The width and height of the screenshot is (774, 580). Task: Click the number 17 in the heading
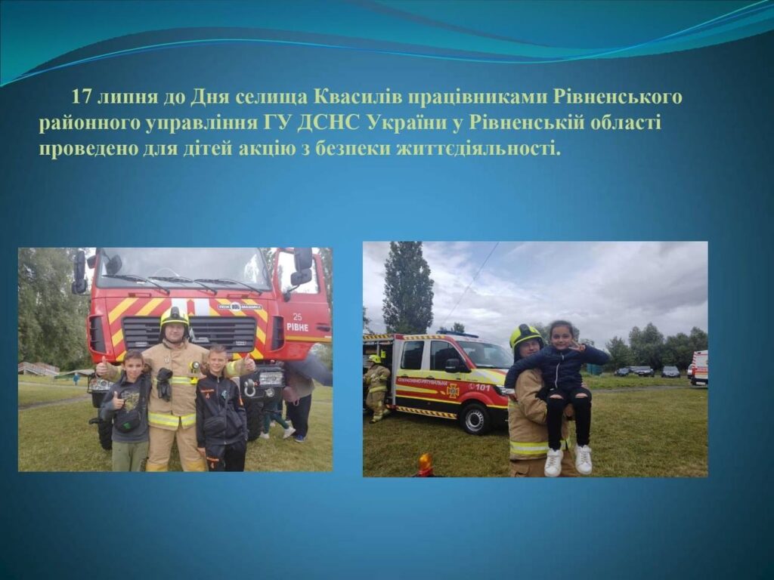(x=82, y=96)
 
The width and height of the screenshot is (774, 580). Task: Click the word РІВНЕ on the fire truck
(x=297, y=327)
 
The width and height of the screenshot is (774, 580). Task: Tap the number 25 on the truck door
(x=297, y=316)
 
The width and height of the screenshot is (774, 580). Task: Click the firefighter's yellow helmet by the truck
(x=175, y=317)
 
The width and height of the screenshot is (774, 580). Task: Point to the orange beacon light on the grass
(x=425, y=464)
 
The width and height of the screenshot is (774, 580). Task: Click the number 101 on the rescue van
(x=483, y=387)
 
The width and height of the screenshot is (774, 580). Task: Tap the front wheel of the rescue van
(x=475, y=418)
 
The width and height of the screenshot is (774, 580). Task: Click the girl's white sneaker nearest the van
(x=553, y=463)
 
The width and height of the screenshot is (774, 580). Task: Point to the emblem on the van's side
(x=452, y=390)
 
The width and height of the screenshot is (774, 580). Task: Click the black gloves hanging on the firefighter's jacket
(x=164, y=383)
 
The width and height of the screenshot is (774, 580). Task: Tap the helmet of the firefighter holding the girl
(x=525, y=336)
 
